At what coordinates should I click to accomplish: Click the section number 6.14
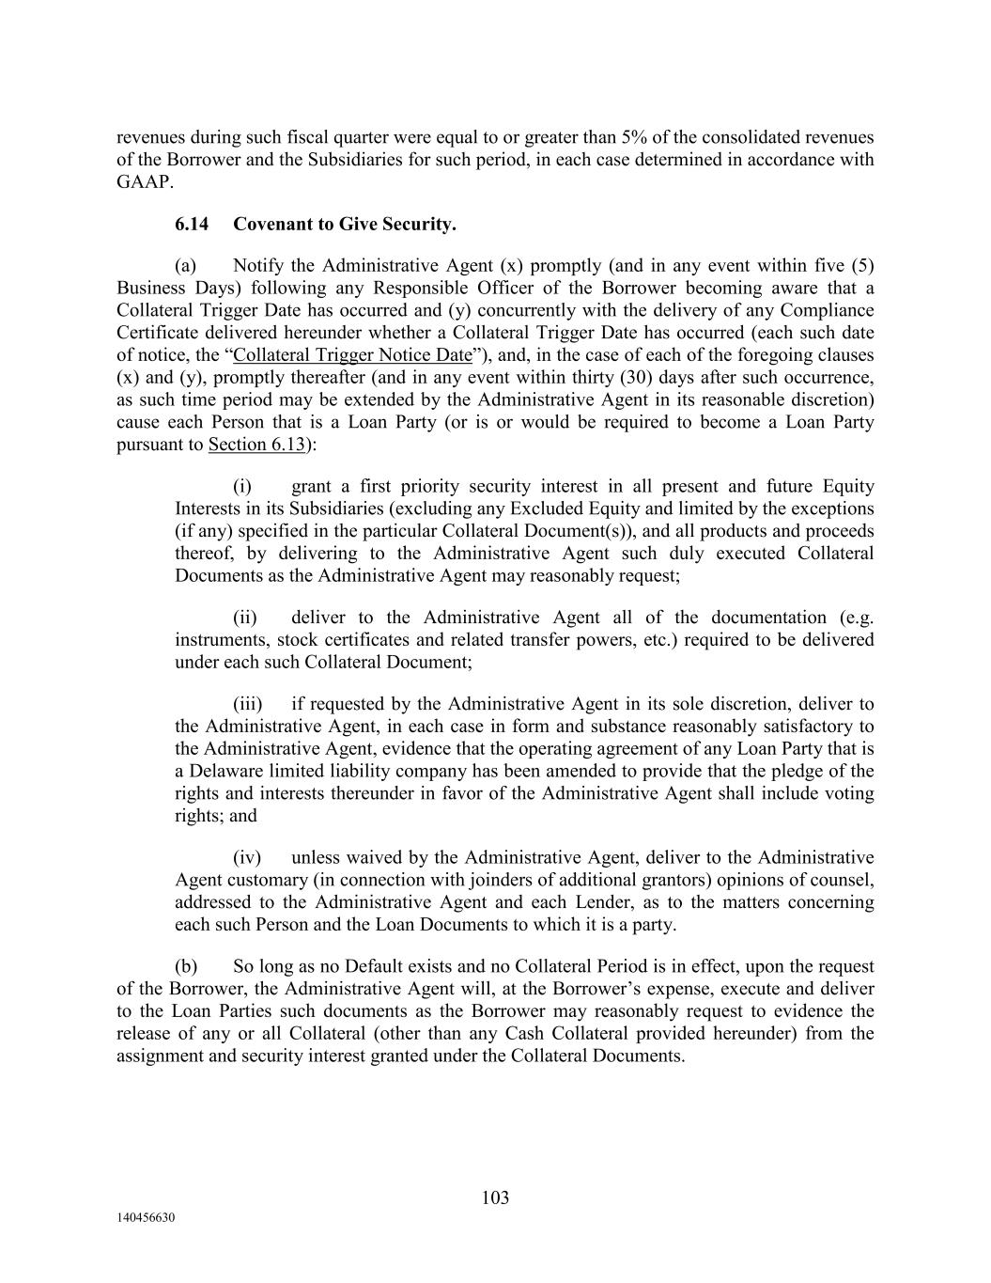[192, 224]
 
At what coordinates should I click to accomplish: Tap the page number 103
[495, 1197]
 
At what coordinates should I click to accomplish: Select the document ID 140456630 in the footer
[147, 1217]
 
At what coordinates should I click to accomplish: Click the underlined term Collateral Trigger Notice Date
[352, 355]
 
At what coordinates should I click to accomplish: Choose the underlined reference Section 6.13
[256, 445]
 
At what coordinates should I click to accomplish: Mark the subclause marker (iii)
[247, 704]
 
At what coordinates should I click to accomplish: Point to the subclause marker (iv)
[247, 858]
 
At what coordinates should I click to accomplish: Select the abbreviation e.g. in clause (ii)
[857, 618]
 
